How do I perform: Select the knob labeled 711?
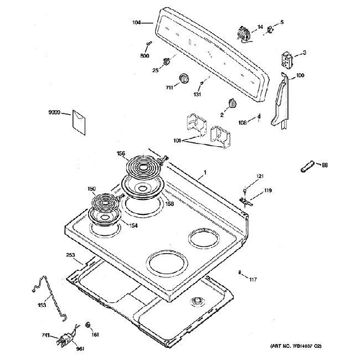[184, 78]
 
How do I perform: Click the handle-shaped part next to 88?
[308, 165]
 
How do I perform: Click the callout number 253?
[70, 255]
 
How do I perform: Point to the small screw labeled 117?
[239, 272]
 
